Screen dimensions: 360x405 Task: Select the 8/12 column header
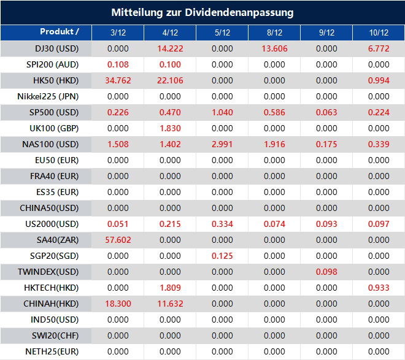(x=274, y=33)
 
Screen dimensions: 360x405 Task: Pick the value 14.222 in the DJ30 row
(x=170, y=48)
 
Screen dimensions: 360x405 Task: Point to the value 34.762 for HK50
(x=118, y=80)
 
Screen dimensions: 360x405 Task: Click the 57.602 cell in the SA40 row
(x=118, y=240)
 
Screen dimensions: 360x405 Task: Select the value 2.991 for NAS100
(x=222, y=144)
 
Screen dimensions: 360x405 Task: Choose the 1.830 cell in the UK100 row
(x=170, y=128)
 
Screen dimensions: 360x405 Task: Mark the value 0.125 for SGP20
(x=222, y=256)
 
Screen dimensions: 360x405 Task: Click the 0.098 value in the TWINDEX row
(x=326, y=272)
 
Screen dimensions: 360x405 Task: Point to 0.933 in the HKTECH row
(x=379, y=288)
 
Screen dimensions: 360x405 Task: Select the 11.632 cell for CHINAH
(x=170, y=304)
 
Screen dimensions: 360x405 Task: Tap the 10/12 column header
(x=379, y=33)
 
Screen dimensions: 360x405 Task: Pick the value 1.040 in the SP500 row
(x=222, y=112)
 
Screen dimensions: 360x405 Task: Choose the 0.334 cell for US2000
(x=222, y=224)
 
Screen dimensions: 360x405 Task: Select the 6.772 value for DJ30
(x=379, y=48)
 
